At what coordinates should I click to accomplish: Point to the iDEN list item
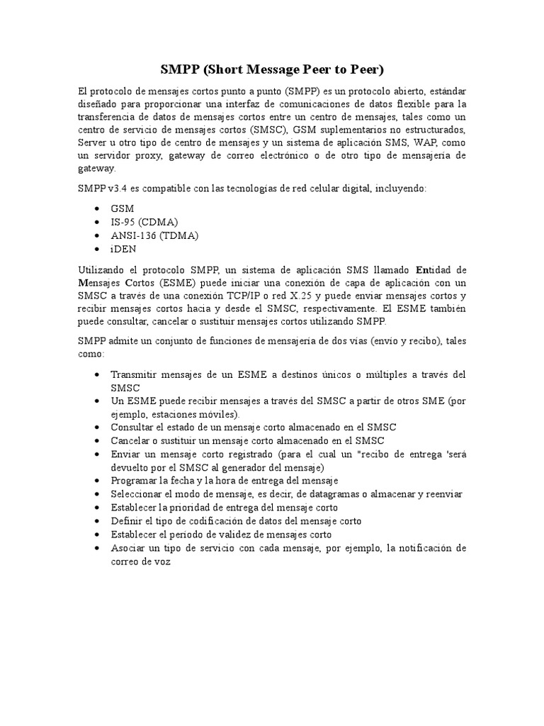124,249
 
